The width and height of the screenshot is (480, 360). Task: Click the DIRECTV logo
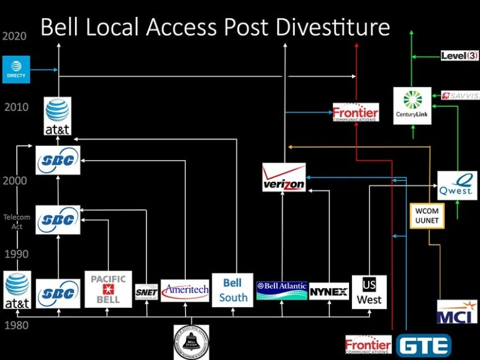16,70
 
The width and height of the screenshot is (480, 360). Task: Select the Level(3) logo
460,56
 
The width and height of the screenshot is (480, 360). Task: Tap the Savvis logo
460,95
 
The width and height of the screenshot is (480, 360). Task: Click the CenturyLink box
412,106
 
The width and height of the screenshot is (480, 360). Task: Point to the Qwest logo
457,186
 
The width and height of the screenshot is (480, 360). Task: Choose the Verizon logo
284,178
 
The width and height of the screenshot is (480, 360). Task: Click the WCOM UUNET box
427,215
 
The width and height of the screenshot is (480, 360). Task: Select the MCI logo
457,311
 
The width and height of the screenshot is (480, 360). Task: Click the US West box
369,292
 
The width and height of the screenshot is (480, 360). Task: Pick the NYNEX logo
328,291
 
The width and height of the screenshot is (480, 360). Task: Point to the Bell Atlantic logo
282,290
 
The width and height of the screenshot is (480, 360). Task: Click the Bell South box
233,290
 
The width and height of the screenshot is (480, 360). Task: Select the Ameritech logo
185,290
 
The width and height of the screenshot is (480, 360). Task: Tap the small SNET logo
146,292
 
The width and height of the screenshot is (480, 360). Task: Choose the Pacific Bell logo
109,289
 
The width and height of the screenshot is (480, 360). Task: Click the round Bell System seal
191,342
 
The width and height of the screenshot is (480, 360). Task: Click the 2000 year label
14,181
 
